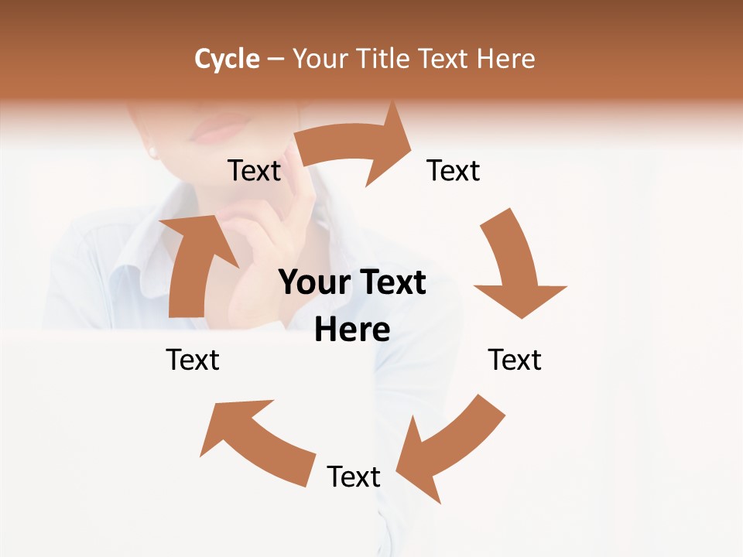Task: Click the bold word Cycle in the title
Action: (x=227, y=59)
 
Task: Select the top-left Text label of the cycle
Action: (x=254, y=170)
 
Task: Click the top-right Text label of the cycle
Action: (x=454, y=170)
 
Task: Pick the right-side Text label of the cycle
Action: (x=515, y=360)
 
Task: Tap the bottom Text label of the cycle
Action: (x=354, y=477)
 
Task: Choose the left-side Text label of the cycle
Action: (x=193, y=360)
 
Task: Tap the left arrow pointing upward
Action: (x=193, y=263)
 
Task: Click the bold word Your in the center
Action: (x=313, y=283)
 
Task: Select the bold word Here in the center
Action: (x=352, y=330)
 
